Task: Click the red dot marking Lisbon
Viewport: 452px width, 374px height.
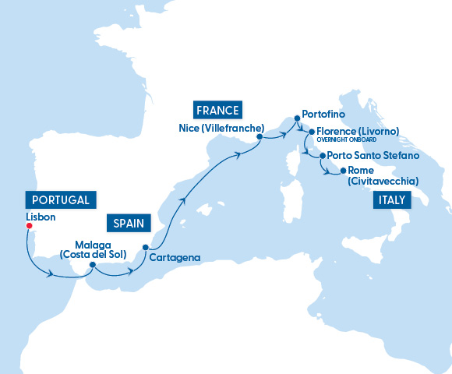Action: tap(28, 226)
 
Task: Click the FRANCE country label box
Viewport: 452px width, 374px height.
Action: tap(217, 109)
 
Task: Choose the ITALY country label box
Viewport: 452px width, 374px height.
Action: tap(391, 200)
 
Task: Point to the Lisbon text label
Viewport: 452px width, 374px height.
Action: tap(40, 216)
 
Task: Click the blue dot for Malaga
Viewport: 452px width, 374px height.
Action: tap(92, 264)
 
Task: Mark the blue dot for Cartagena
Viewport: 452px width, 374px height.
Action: tap(145, 249)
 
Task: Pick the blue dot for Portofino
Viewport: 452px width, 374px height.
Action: tap(297, 119)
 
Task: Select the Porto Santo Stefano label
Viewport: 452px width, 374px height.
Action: tap(373, 156)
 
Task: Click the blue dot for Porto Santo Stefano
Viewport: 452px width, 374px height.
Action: tap(323, 156)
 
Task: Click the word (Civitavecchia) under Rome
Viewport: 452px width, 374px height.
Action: tap(383, 181)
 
